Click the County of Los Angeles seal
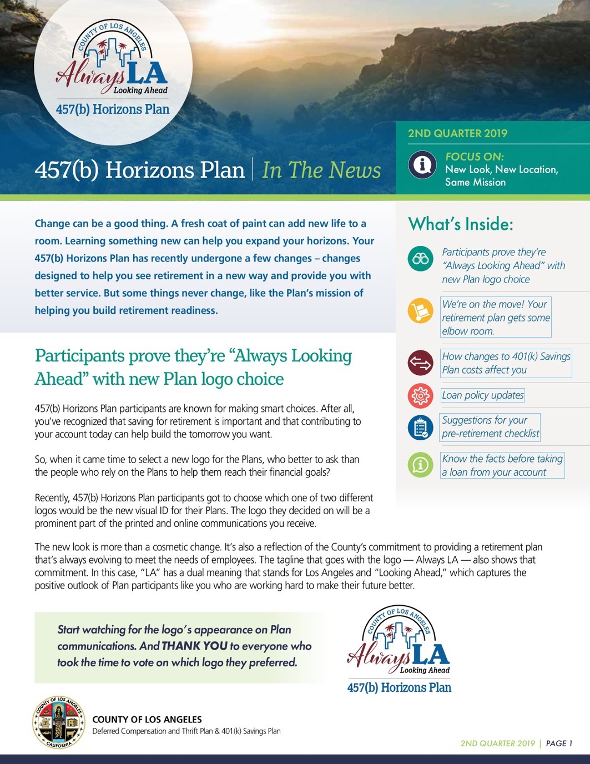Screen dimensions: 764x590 click(58, 722)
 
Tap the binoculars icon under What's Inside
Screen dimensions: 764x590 click(420, 259)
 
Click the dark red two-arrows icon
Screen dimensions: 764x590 click(420, 363)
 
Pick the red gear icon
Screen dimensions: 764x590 click(420, 395)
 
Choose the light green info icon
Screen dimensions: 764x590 click(420, 465)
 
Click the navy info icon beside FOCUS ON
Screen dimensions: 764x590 click(422, 164)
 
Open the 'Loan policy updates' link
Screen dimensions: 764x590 click(482, 395)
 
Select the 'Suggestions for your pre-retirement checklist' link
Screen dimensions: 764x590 click(490, 427)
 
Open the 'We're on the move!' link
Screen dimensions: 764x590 click(496, 318)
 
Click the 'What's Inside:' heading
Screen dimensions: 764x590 click(461, 224)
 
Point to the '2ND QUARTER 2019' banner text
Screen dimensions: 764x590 click(457, 133)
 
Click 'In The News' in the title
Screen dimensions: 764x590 click(321, 170)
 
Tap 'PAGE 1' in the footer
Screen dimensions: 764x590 click(559, 743)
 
